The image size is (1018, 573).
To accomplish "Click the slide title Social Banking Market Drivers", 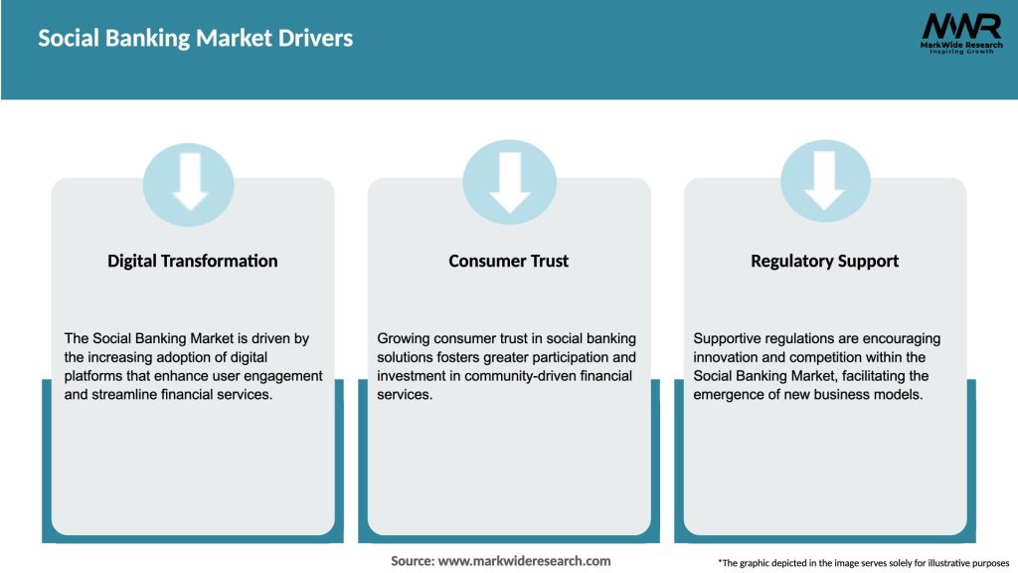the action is pos(195,39).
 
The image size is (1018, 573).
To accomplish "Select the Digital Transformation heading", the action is pos(193,262).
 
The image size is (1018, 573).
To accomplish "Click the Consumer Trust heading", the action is pos(509,262).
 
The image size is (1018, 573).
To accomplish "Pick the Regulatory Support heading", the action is pos(824,262).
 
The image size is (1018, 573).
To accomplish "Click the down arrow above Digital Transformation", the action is pos(189,182).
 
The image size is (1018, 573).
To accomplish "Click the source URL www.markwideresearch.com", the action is pos(524,561).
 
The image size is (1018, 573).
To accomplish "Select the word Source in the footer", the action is pos(412,561).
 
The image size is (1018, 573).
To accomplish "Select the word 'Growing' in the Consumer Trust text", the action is pos(405,338).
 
